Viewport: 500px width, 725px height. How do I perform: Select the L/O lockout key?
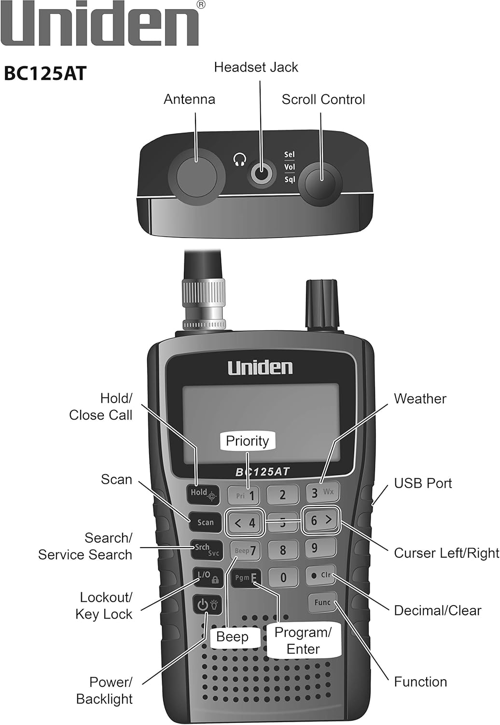click(x=207, y=576)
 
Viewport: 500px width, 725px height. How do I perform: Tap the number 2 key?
click(x=282, y=494)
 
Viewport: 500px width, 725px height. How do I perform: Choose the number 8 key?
click(x=282, y=550)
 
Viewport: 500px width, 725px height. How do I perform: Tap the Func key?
click(x=322, y=602)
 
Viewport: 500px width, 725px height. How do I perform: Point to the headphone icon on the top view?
click(x=239, y=159)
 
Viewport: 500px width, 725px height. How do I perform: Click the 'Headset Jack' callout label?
click(x=256, y=67)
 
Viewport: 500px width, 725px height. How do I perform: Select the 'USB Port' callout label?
click(x=423, y=483)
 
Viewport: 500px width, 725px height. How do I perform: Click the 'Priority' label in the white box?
click(x=247, y=441)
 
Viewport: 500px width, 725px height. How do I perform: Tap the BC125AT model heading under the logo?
click(x=45, y=74)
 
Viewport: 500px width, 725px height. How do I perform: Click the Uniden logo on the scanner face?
click(x=260, y=368)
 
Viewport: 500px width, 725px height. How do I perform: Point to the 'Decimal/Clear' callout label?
click(x=437, y=610)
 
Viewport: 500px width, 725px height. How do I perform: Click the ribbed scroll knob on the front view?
click(x=321, y=305)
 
